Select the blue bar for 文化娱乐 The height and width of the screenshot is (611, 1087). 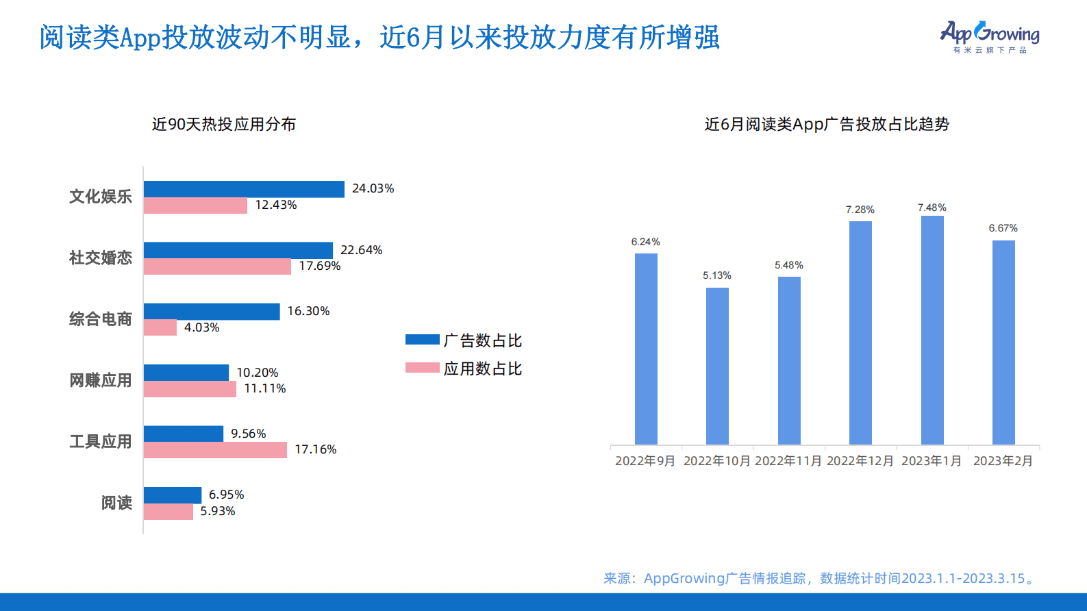coord(244,189)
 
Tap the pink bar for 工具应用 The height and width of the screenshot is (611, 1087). coord(215,450)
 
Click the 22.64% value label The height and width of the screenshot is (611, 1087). coord(361,250)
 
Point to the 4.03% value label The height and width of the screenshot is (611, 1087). coord(201,327)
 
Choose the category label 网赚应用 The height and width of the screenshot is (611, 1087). coord(100,380)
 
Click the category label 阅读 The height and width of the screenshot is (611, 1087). coord(116,503)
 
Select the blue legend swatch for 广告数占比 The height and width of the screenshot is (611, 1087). coord(422,340)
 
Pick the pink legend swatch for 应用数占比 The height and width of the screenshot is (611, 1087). coord(422,368)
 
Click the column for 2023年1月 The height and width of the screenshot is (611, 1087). coord(932,330)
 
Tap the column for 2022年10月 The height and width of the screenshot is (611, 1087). coord(717,366)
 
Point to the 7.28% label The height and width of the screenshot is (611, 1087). coord(860,210)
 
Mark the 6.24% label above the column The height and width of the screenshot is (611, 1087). coord(645,242)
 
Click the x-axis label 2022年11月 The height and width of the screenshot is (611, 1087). coord(788,461)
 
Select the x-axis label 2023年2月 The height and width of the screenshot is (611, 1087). coord(1003,461)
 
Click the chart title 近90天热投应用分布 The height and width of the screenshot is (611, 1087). coord(224,124)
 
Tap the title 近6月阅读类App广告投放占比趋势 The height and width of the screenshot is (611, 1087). coord(827,124)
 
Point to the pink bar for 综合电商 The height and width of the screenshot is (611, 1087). coord(160,327)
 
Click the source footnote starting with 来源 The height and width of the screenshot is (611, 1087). coord(820,578)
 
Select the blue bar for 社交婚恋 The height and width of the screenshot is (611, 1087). coord(238,250)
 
